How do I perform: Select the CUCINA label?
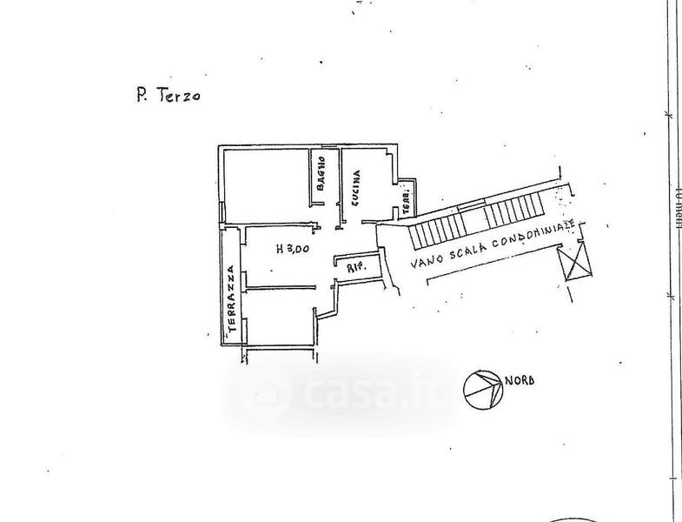(x=355, y=184)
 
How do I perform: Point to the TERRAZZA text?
(x=232, y=299)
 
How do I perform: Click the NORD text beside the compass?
(x=519, y=379)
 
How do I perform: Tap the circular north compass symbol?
(x=482, y=389)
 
